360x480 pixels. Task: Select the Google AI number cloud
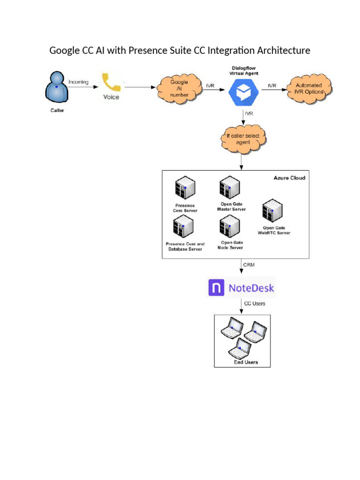point(179,88)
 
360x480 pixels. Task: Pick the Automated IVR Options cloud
point(309,88)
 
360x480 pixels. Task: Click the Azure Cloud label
point(289,178)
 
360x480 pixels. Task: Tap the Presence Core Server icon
point(184,188)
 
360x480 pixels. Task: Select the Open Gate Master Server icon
point(230,187)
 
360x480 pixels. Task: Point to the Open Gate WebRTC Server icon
point(272,210)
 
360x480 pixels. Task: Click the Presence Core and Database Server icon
point(184,227)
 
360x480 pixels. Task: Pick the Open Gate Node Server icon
point(230,227)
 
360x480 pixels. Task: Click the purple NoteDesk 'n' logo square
point(216,287)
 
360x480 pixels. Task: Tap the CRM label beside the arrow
point(249,265)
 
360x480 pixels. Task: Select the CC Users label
point(255,303)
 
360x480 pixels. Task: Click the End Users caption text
point(246,362)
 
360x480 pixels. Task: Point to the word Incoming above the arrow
point(78,82)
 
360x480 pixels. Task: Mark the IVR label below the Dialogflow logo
point(248,113)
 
